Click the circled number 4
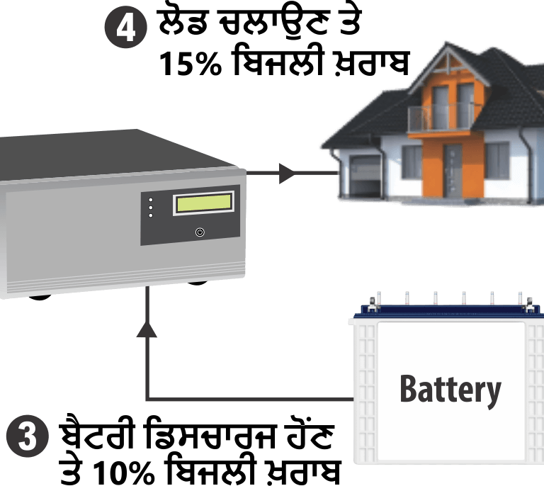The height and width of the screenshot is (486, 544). click(126, 30)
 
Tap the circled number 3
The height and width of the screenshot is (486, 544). click(27, 436)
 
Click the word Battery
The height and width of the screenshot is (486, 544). click(450, 389)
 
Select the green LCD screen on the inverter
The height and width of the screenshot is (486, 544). click(204, 203)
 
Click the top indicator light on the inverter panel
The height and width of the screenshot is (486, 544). click(150, 200)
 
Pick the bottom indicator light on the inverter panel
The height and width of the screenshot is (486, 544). click(150, 215)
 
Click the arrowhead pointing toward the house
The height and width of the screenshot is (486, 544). click(286, 173)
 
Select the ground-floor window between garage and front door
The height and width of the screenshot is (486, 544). click(412, 162)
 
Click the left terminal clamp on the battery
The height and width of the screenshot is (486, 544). click(372, 307)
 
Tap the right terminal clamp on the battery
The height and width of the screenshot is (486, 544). click(528, 307)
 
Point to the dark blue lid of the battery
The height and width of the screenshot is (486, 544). click(446, 312)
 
